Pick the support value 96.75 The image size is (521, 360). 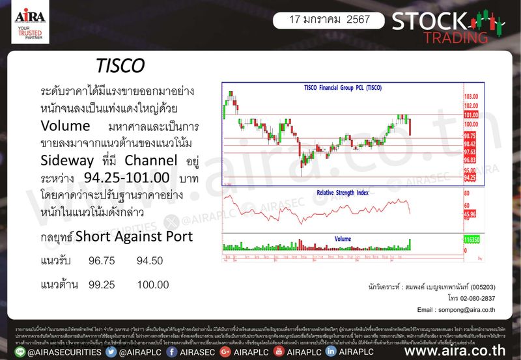[102, 261]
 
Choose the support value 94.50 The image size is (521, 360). [150, 261]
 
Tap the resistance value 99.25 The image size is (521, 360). [102, 286]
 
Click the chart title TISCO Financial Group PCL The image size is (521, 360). [343, 87]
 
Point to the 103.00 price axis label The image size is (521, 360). [472, 96]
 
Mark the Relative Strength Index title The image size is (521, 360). [343, 193]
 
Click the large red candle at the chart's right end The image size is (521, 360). [411, 126]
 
